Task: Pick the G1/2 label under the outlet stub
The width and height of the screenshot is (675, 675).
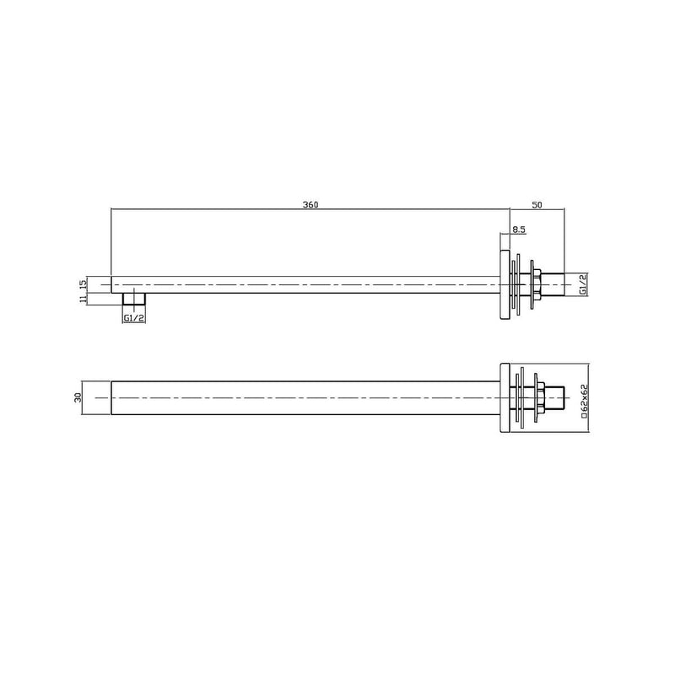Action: (x=133, y=318)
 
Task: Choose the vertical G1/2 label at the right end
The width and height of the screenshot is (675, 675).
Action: (x=583, y=284)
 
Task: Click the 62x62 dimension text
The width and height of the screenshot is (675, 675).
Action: (x=583, y=396)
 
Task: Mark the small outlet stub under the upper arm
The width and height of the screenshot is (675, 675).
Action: (x=133, y=300)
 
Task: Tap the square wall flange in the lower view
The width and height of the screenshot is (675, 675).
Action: (x=505, y=396)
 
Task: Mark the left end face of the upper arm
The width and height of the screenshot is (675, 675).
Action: (x=112, y=284)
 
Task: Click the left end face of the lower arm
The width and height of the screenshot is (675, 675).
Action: (x=112, y=396)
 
